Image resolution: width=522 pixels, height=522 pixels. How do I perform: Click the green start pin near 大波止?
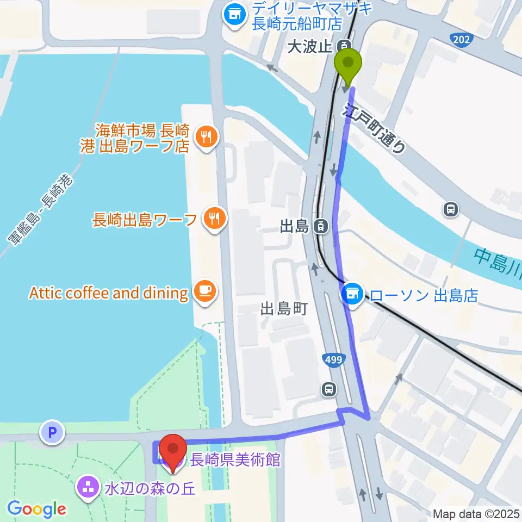(349, 64)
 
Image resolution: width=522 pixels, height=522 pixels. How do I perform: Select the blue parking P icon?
(52, 432)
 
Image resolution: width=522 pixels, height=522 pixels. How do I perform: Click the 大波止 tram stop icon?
(344, 46)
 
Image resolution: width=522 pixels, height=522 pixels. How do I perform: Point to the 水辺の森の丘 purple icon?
(87, 484)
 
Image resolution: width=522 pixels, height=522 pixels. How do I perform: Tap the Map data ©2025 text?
(476, 513)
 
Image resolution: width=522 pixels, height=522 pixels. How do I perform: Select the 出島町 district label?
(284, 309)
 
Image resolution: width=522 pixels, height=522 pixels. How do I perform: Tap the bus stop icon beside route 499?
(328, 389)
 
